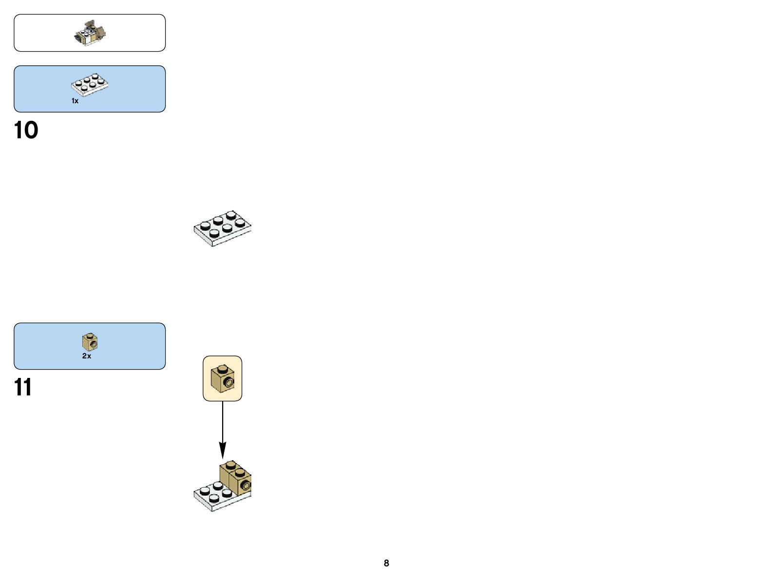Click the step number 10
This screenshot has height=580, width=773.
(26, 131)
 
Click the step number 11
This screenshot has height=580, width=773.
(22, 388)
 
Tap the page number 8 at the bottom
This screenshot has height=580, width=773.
(386, 563)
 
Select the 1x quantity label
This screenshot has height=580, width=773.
(75, 101)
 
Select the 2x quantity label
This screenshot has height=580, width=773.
(87, 356)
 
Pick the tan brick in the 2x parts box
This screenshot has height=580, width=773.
(90, 342)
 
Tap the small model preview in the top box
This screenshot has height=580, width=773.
(90, 33)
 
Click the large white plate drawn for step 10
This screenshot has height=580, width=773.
(223, 228)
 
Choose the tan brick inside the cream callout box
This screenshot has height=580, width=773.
(222, 378)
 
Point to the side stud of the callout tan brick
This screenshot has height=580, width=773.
(228, 384)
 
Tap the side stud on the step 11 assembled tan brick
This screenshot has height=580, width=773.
(245, 485)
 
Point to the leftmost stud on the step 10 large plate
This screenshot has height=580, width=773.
(205, 225)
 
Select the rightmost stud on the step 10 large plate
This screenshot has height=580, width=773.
(240, 223)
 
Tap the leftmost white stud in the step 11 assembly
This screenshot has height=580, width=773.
(205, 490)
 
